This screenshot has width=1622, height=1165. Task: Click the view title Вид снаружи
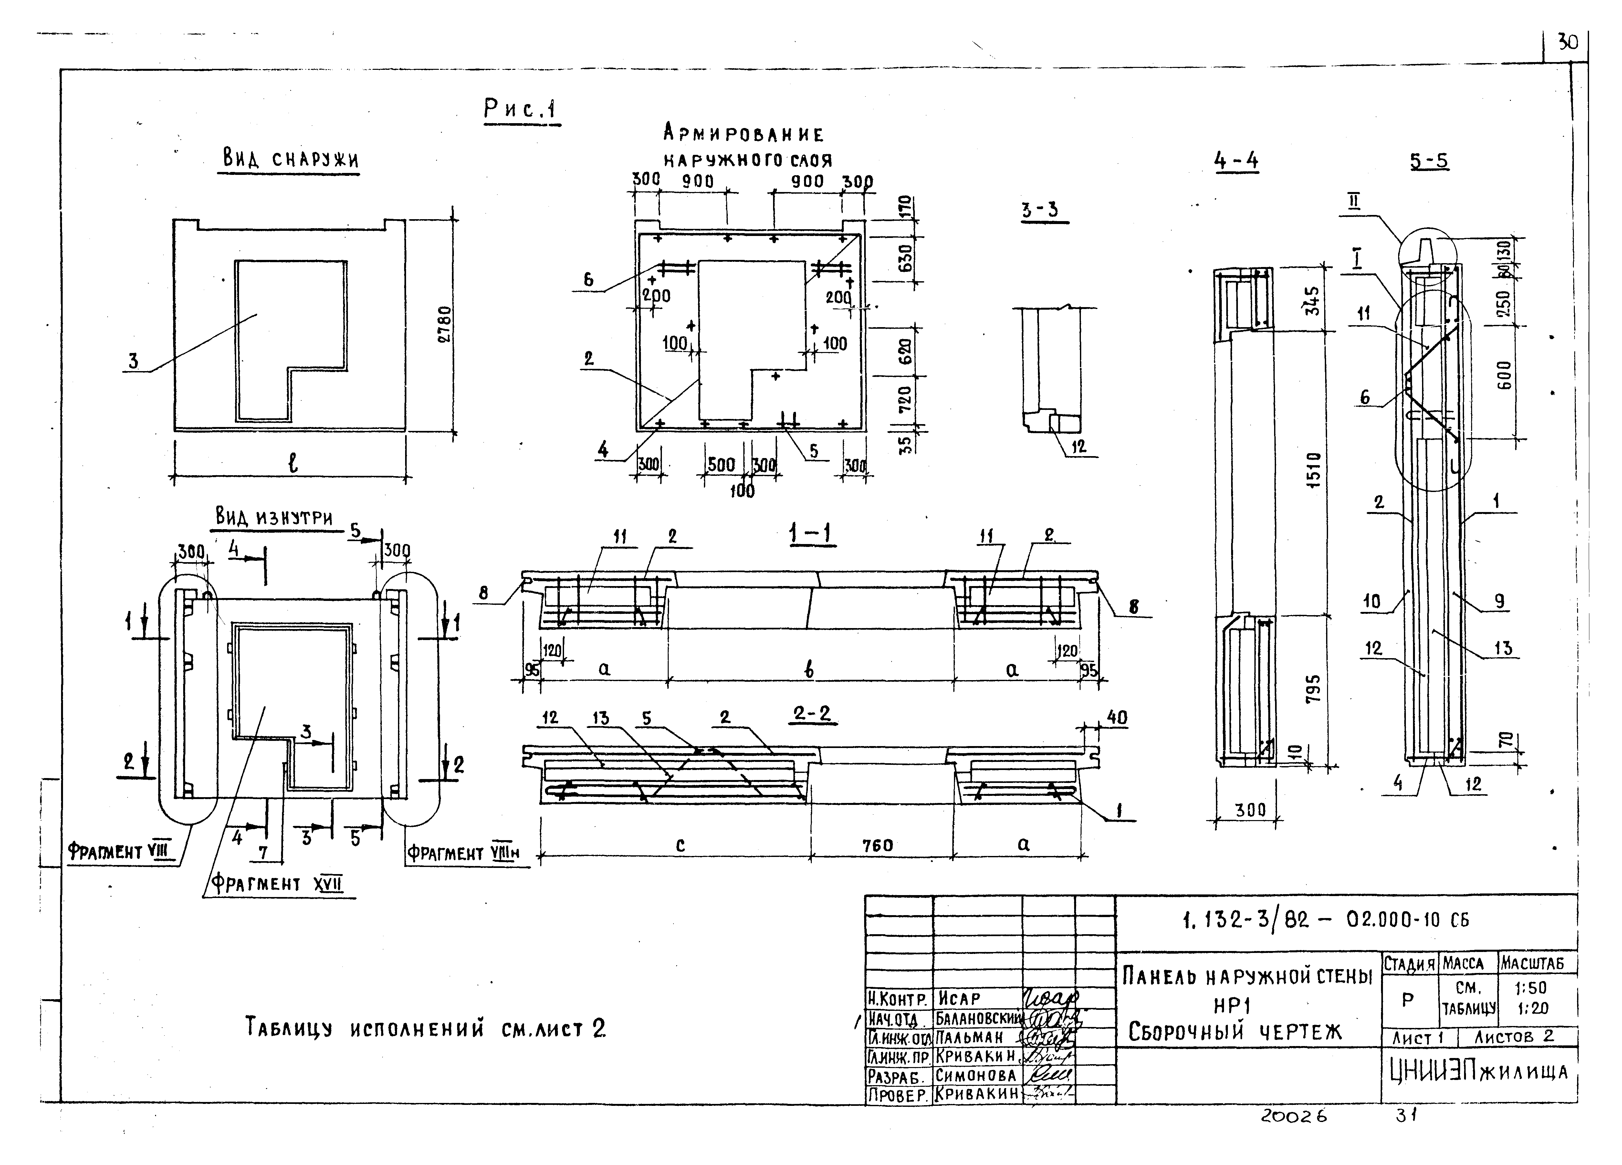click(290, 159)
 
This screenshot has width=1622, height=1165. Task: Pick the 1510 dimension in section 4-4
click(1313, 469)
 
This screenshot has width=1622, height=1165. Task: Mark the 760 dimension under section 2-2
click(877, 845)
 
